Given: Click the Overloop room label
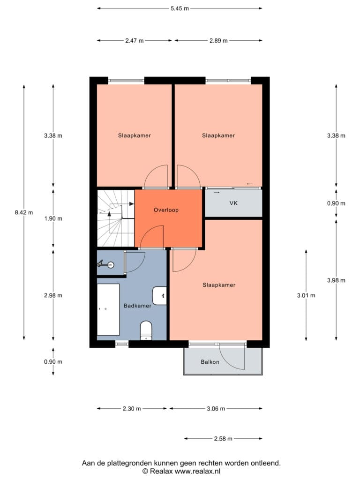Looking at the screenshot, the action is click(166, 210).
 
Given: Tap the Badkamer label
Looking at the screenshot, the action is click(137, 306).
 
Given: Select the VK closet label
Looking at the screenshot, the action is click(233, 203).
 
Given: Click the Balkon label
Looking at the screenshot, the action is click(210, 362).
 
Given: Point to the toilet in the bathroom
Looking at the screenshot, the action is click(146, 330).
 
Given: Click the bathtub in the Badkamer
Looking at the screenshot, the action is click(108, 309).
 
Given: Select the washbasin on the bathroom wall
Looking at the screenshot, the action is click(159, 296).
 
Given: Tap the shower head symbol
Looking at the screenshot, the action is click(106, 264).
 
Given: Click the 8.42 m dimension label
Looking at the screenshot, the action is click(24, 212).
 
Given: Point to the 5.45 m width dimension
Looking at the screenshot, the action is click(180, 8).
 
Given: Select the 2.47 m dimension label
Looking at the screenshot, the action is click(135, 40).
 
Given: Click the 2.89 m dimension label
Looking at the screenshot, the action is click(218, 40).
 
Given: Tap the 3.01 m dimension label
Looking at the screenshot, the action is click(306, 295).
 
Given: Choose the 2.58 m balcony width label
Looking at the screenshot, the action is click(223, 439).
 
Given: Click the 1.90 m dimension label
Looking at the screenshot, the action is click(53, 218).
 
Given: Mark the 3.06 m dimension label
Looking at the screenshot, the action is click(216, 409).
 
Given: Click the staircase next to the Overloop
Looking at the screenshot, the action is click(116, 218).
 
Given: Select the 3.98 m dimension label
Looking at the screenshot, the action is click(336, 280).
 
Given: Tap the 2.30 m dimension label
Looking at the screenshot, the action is click(132, 409).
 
